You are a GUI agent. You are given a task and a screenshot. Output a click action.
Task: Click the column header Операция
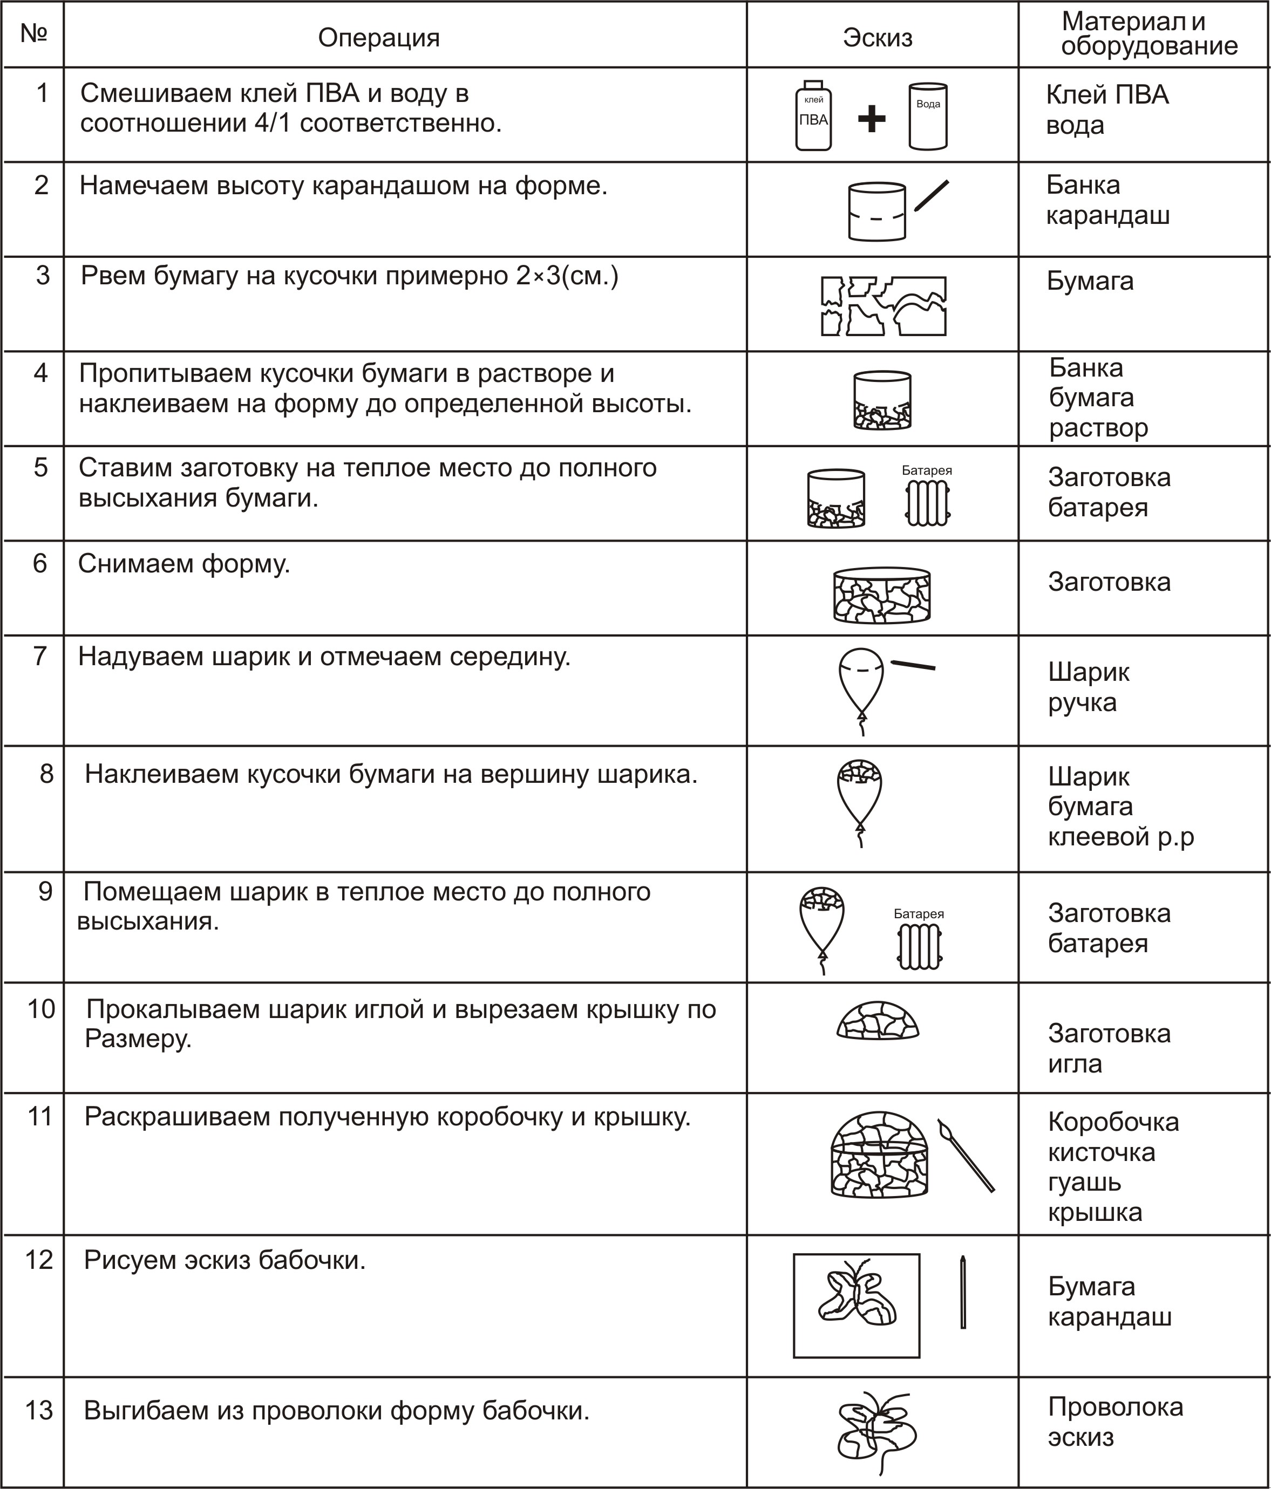(x=379, y=37)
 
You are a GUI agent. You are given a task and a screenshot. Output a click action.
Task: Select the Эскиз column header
(x=877, y=37)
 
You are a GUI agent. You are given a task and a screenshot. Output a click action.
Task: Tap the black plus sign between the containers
(x=871, y=119)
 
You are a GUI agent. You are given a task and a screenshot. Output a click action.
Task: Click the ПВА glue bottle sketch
(x=813, y=117)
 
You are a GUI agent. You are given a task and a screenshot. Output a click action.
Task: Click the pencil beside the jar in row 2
(x=932, y=195)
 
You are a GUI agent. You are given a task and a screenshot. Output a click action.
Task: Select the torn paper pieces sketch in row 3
(x=883, y=306)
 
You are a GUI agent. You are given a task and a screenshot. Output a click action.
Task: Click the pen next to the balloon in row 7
(x=914, y=665)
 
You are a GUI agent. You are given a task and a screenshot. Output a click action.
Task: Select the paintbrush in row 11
(x=966, y=1154)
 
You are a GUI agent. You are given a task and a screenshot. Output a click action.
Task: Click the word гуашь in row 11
(x=1085, y=1182)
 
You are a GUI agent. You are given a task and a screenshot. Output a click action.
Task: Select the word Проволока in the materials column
(x=1115, y=1406)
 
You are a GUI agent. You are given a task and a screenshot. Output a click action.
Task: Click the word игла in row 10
(x=1075, y=1063)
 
